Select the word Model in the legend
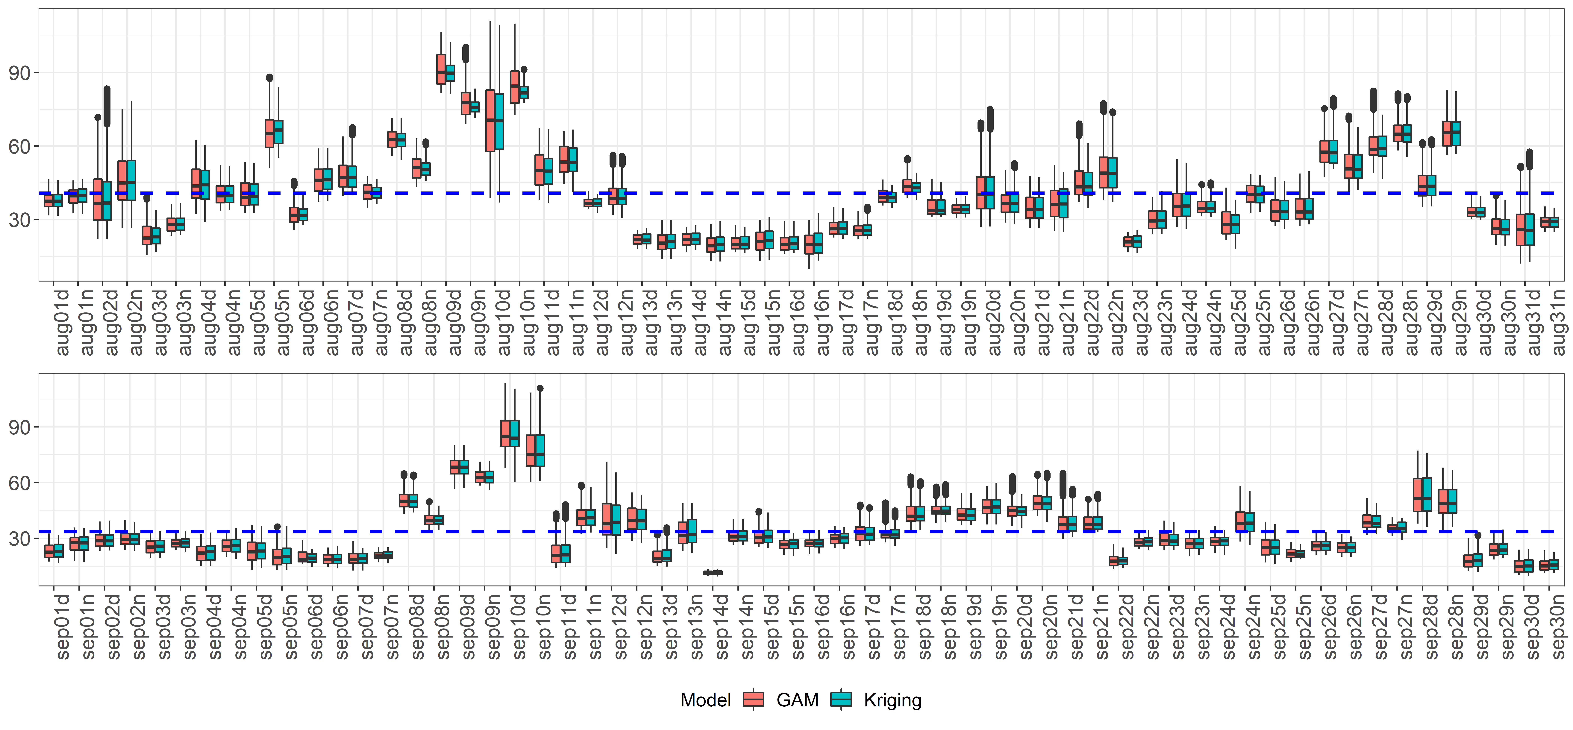coord(705,700)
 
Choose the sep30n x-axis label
coord(1559,626)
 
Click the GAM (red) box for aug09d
coord(441,69)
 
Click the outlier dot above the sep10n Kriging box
coord(540,388)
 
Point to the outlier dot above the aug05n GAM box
coord(269,77)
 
